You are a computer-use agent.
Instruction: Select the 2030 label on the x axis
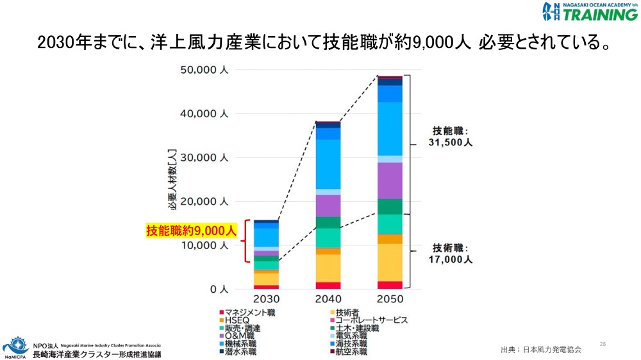pos(266,300)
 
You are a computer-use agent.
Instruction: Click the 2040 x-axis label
pos(328,300)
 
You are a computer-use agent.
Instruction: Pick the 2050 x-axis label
pos(390,300)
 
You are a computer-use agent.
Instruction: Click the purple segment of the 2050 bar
pos(390,181)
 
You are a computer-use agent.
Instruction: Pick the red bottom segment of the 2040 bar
pos(328,286)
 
